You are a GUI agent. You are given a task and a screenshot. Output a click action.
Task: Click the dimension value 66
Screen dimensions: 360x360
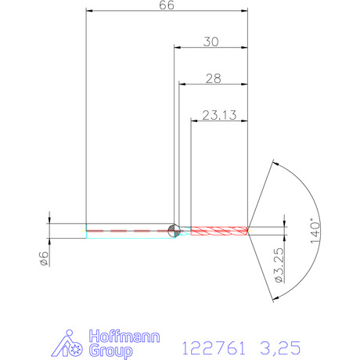click(x=167, y=5)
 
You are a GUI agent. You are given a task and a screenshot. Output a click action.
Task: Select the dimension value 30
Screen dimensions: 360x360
click(x=211, y=41)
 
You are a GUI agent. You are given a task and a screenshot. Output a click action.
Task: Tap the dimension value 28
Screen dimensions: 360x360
click(x=214, y=78)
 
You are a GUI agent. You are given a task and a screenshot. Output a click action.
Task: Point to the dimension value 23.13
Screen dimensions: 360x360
click(x=219, y=115)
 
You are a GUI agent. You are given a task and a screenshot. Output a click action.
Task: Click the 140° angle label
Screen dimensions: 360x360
click(x=315, y=231)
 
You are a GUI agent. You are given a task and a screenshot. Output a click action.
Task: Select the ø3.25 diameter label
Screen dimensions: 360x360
click(x=279, y=265)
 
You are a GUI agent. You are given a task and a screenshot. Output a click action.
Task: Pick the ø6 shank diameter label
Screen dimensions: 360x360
click(x=44, y=258)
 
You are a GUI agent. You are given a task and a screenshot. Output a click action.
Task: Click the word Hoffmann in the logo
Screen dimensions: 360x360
click(x=124, y=337)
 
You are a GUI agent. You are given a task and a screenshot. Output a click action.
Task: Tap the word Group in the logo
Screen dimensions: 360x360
click(x=110, y=351)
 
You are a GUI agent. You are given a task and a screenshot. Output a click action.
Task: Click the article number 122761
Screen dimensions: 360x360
click(x=214, y=348)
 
